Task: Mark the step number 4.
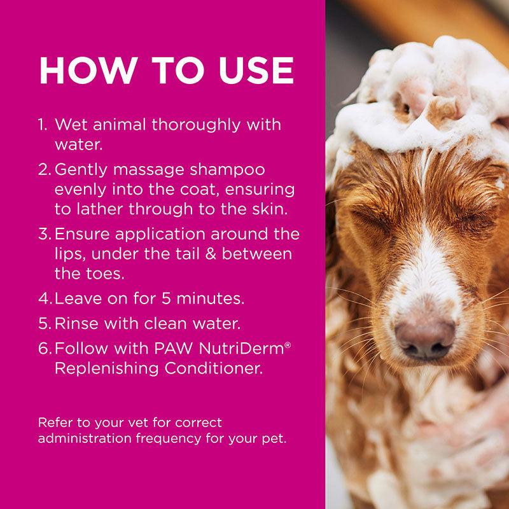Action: (x=43, y=298)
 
